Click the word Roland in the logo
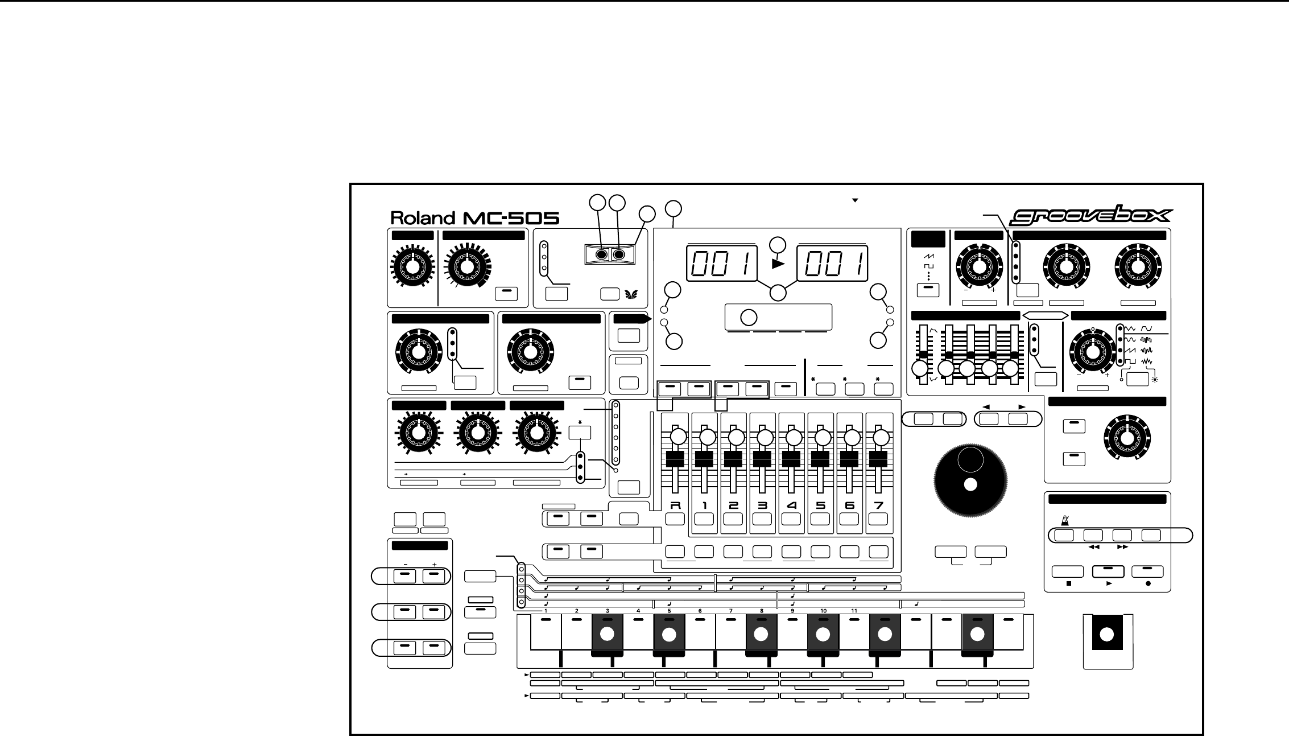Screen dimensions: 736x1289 (x=423, y=218)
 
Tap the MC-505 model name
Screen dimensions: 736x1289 (x=510, y=218)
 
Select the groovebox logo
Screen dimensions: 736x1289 (x=1090, y=216)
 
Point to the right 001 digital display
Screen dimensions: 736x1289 (x=832, y=264)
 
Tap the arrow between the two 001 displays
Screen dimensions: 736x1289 (x=778, y=264)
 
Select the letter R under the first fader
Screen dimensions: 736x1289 (x=675, y=504)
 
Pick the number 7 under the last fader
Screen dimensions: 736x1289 (x=878, y=504)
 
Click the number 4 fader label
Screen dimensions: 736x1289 (x=791, y=504)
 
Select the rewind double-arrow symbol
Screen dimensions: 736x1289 (x=1093, y=547)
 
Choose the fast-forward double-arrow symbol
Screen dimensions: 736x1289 (x=1122, y=547)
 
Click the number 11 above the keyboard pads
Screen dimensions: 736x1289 (x=854, y=611)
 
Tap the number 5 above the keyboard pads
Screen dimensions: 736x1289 (x=669, y=611)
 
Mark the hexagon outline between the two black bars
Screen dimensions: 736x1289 (x=1045, y=315)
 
